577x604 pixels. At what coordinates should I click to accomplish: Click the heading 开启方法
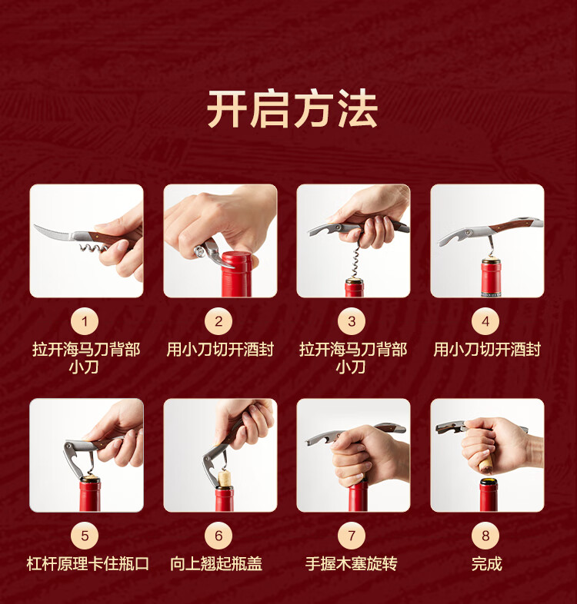click(x=292, y=109)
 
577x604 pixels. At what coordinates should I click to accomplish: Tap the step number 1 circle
click(x=85, y=321)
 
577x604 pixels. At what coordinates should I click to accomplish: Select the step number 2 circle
click(x=218, y=321)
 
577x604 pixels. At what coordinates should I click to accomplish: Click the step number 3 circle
click(x=352, y=321)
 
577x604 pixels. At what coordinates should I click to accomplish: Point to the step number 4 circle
click(x=485, y=321)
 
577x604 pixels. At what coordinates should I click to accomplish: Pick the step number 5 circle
click(x=85, y=536)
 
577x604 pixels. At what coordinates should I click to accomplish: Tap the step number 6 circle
click(x=218, y=536)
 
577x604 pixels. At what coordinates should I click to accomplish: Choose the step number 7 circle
click(x=352, y=536)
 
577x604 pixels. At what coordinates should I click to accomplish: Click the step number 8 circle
click(x=485, y=536)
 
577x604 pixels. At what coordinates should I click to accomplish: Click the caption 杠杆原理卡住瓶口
click(x=88, y=564)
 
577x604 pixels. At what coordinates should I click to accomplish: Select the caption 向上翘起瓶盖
click(x=216, y=564)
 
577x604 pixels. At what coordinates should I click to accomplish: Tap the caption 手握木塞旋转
click(x=351, y=564)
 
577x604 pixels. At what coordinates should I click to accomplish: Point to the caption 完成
click(x=487, y=564)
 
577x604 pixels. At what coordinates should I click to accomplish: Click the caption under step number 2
click(x=220, y=350)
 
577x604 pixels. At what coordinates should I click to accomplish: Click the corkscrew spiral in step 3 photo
click(x=355, y=261)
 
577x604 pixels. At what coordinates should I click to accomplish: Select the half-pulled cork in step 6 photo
click(x=225, y=478)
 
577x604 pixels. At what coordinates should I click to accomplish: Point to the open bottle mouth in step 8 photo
click(x=489, y=482)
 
